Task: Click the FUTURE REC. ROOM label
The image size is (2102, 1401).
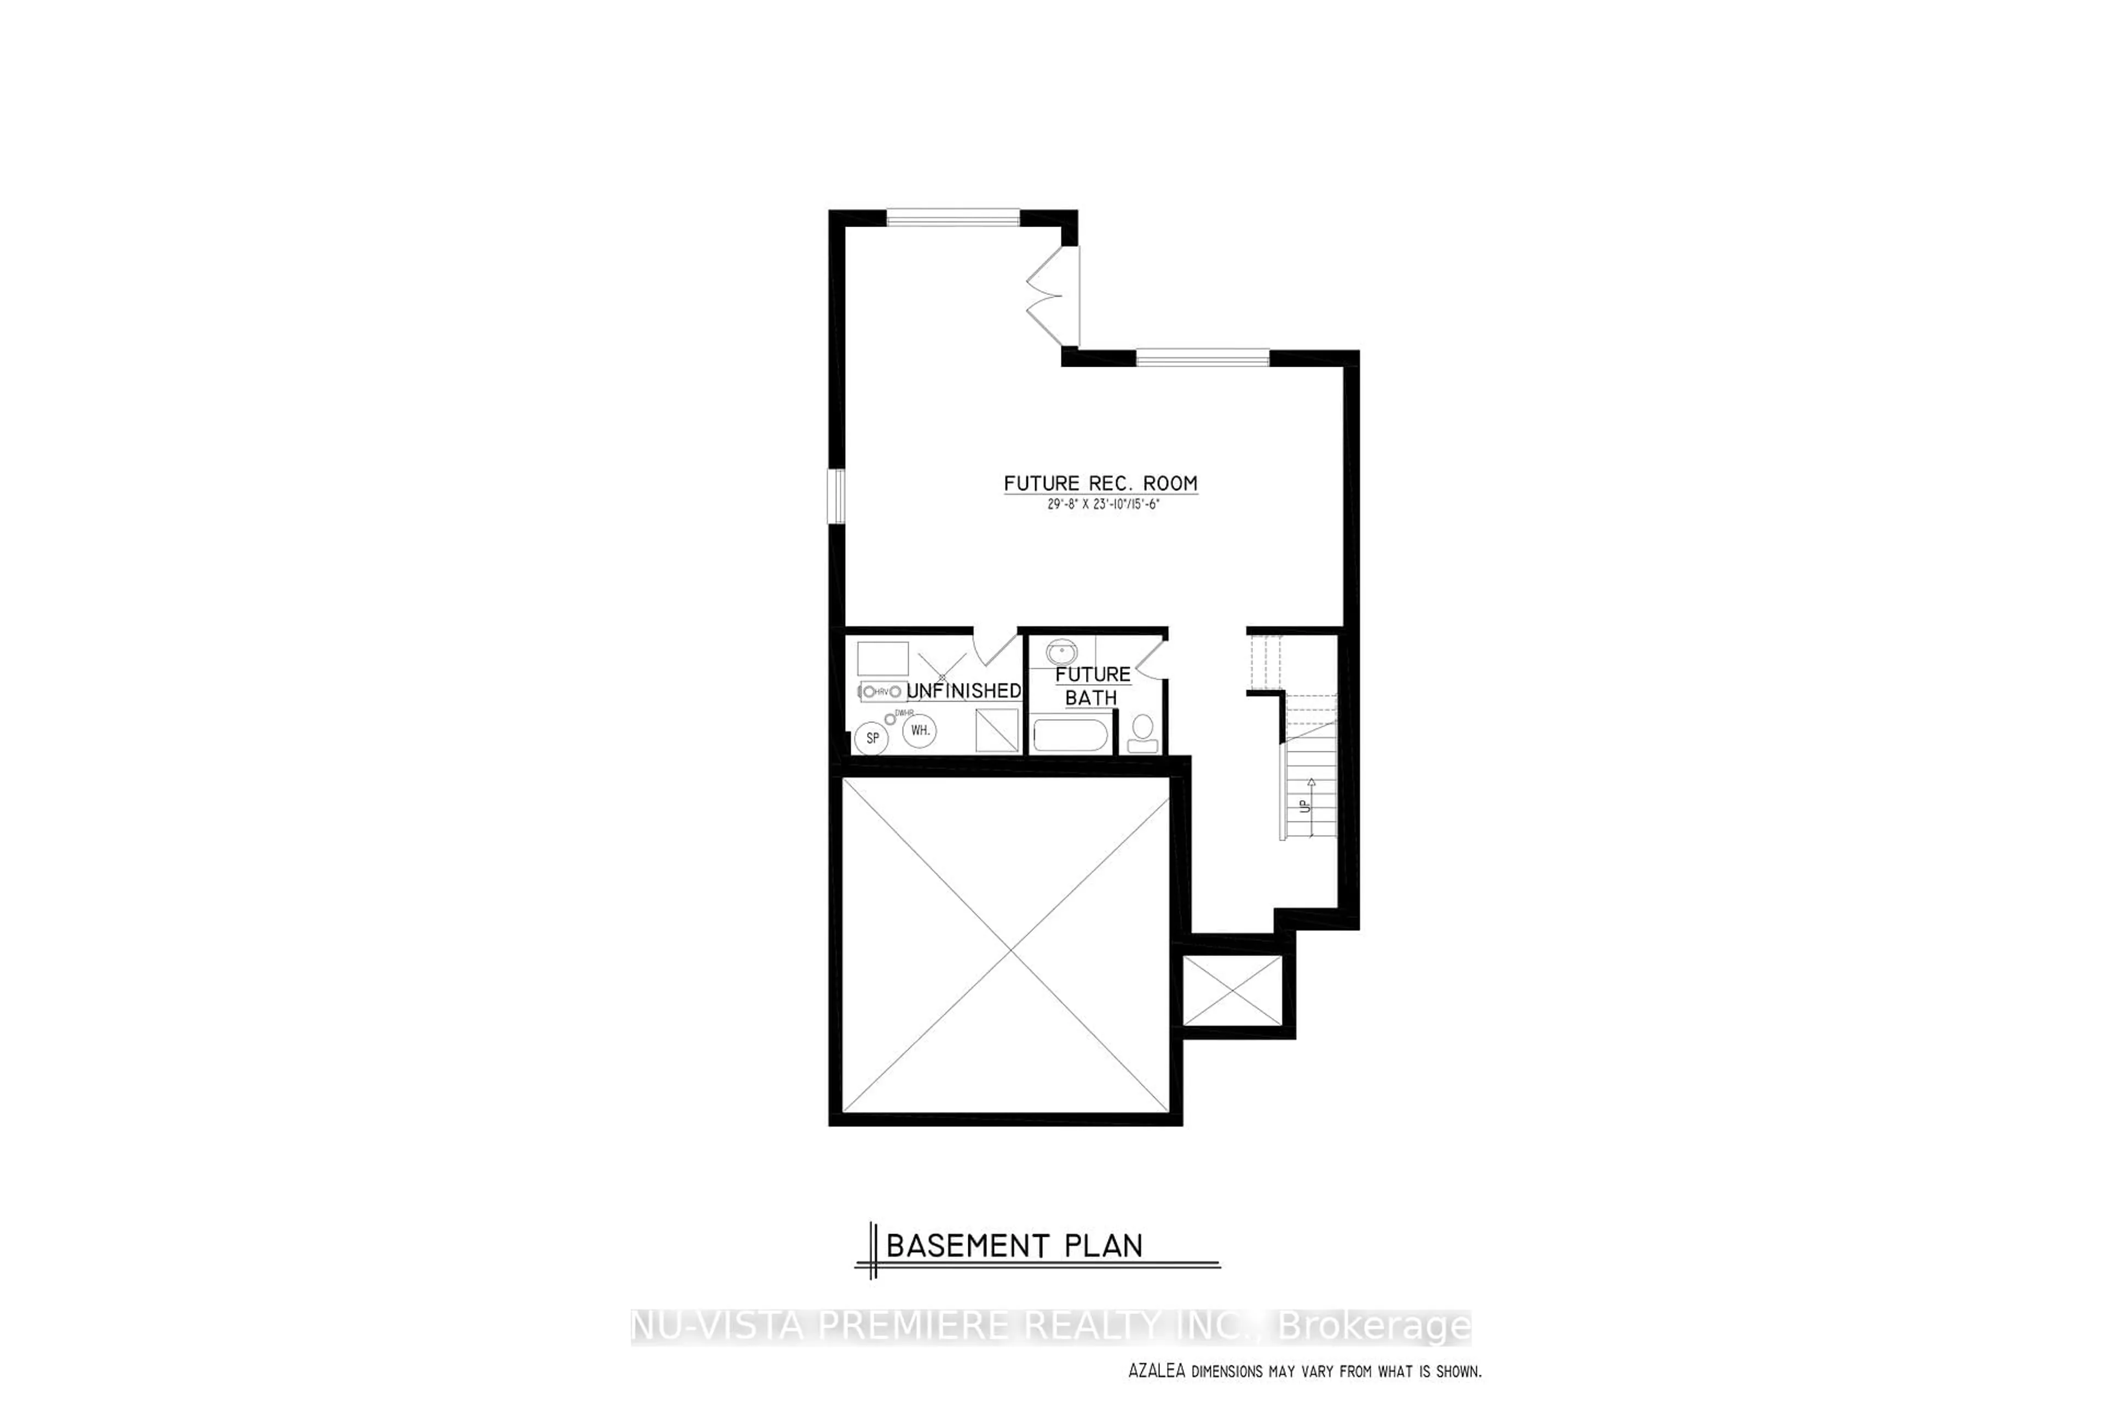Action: click(x=1100, y=483)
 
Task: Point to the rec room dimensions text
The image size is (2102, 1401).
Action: click(x=1103, y=505)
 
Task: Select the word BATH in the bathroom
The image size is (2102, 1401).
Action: click(x=1091, y=698)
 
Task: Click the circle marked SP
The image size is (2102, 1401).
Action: click(x=872, y=738)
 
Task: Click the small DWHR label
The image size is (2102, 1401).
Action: click(x=904, y=712)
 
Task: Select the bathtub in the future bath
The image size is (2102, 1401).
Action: click(x=1071, y=736)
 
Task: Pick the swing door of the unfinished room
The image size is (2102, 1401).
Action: click(x=996, y=648)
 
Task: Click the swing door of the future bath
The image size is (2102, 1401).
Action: click(x=1150, y=658)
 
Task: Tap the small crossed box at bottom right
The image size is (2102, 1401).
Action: click(x=1232, y=991)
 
